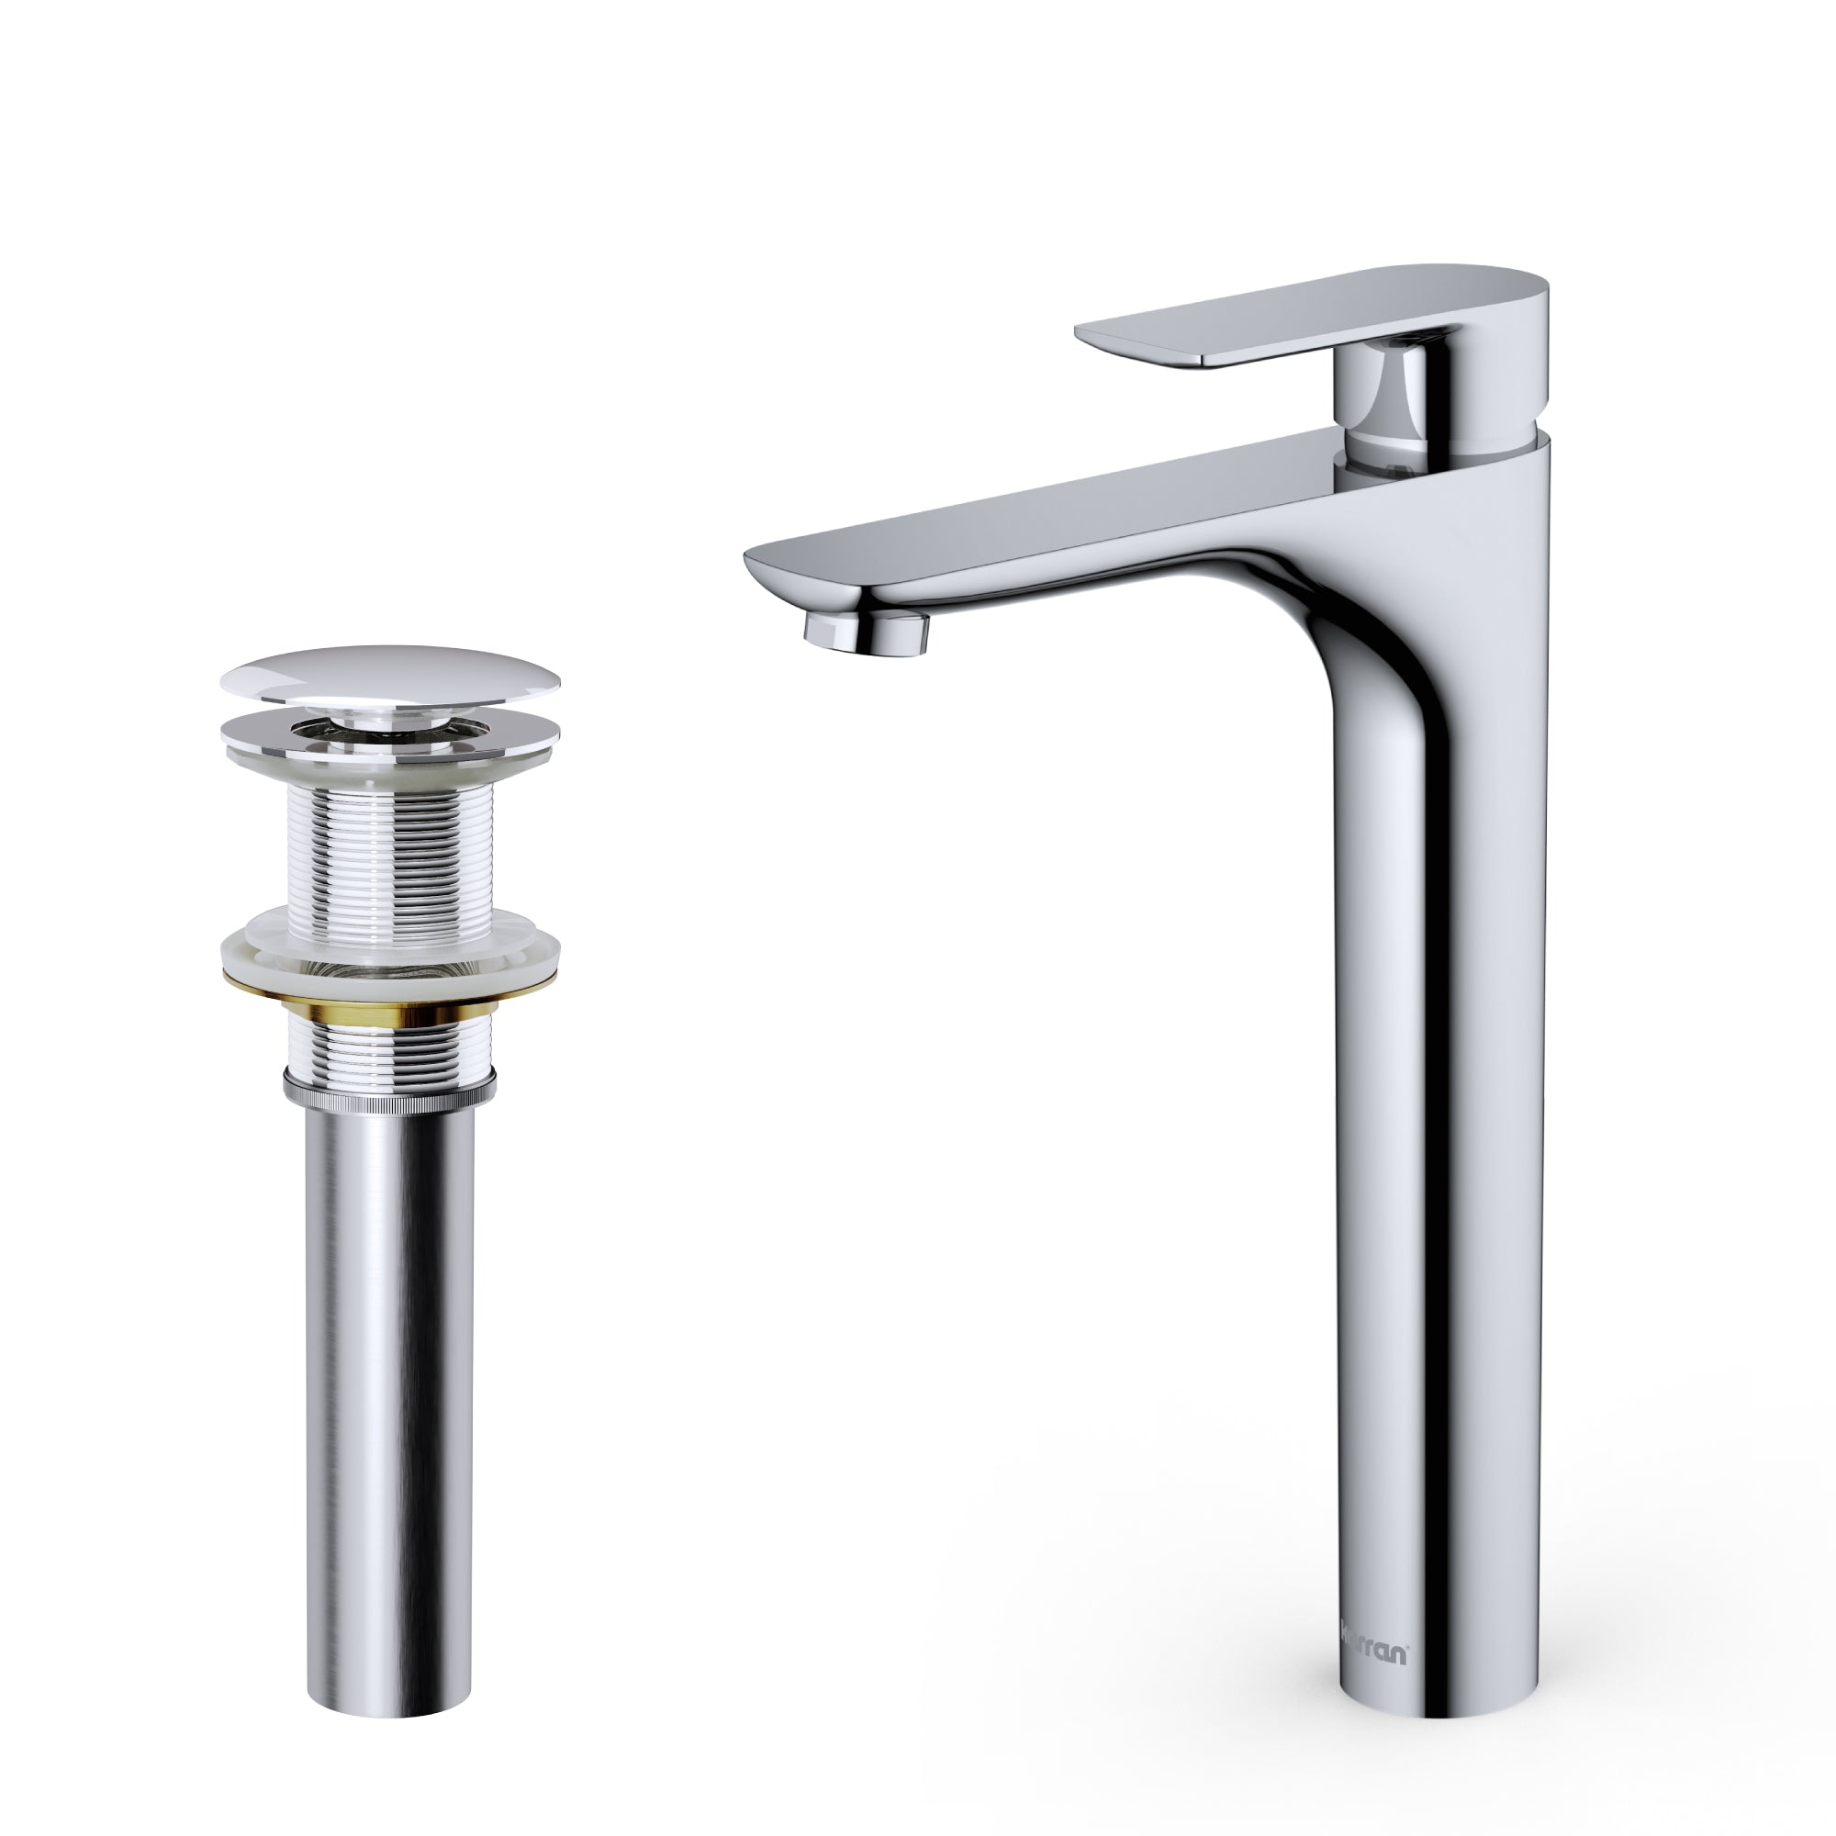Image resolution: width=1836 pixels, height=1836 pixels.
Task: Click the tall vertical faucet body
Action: pos(1435,1140)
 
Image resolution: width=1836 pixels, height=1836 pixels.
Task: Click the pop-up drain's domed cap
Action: pos(389,675)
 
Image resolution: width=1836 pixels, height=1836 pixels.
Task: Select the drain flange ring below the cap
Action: pos(389,732)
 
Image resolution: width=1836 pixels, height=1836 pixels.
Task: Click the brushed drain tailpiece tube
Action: pos(388,1378)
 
